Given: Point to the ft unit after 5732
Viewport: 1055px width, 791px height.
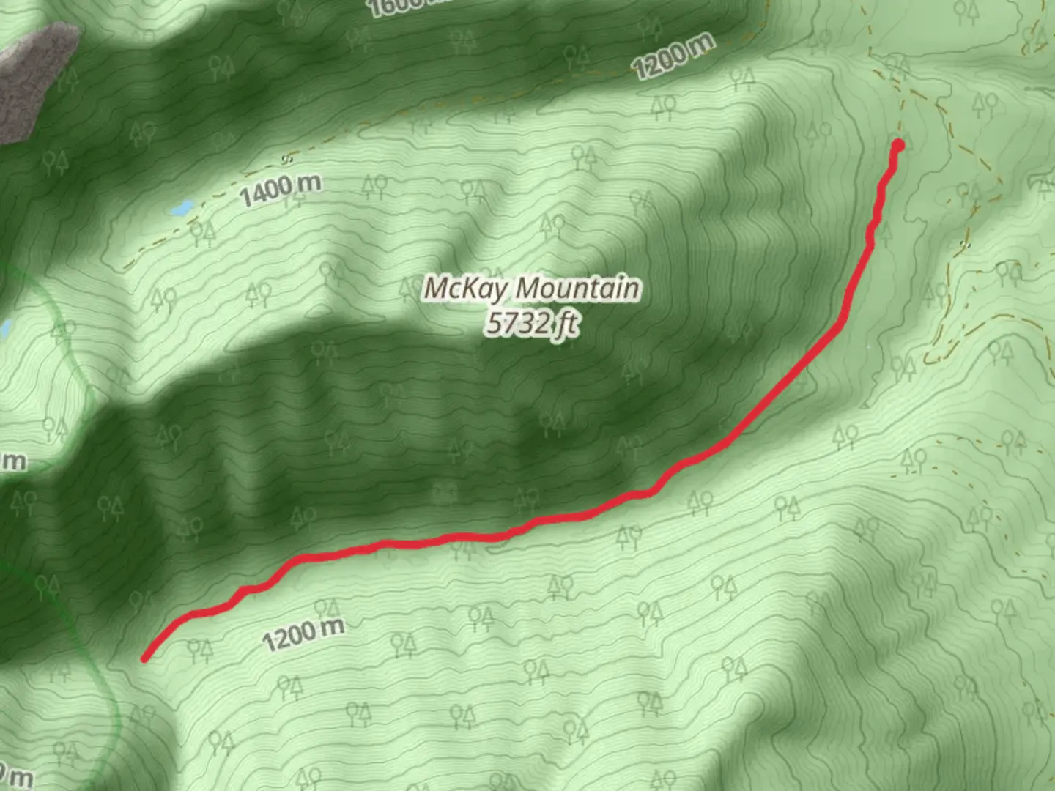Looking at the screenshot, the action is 565,324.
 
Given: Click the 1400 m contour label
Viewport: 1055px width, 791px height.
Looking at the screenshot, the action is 280,190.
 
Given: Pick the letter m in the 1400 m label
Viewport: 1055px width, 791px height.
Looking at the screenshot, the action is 310,183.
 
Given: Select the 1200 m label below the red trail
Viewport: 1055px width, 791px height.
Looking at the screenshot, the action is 303,634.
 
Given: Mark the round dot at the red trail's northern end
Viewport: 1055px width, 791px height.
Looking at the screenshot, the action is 897,146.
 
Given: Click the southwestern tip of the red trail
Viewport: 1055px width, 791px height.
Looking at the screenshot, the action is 145,658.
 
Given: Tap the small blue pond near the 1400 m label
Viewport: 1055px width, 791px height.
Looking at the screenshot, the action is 181,209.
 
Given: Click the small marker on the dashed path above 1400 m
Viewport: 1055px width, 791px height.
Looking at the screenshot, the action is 287,159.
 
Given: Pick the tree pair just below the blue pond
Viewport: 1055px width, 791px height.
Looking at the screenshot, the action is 202,232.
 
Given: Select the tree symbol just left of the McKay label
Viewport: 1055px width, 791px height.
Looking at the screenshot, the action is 407,290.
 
